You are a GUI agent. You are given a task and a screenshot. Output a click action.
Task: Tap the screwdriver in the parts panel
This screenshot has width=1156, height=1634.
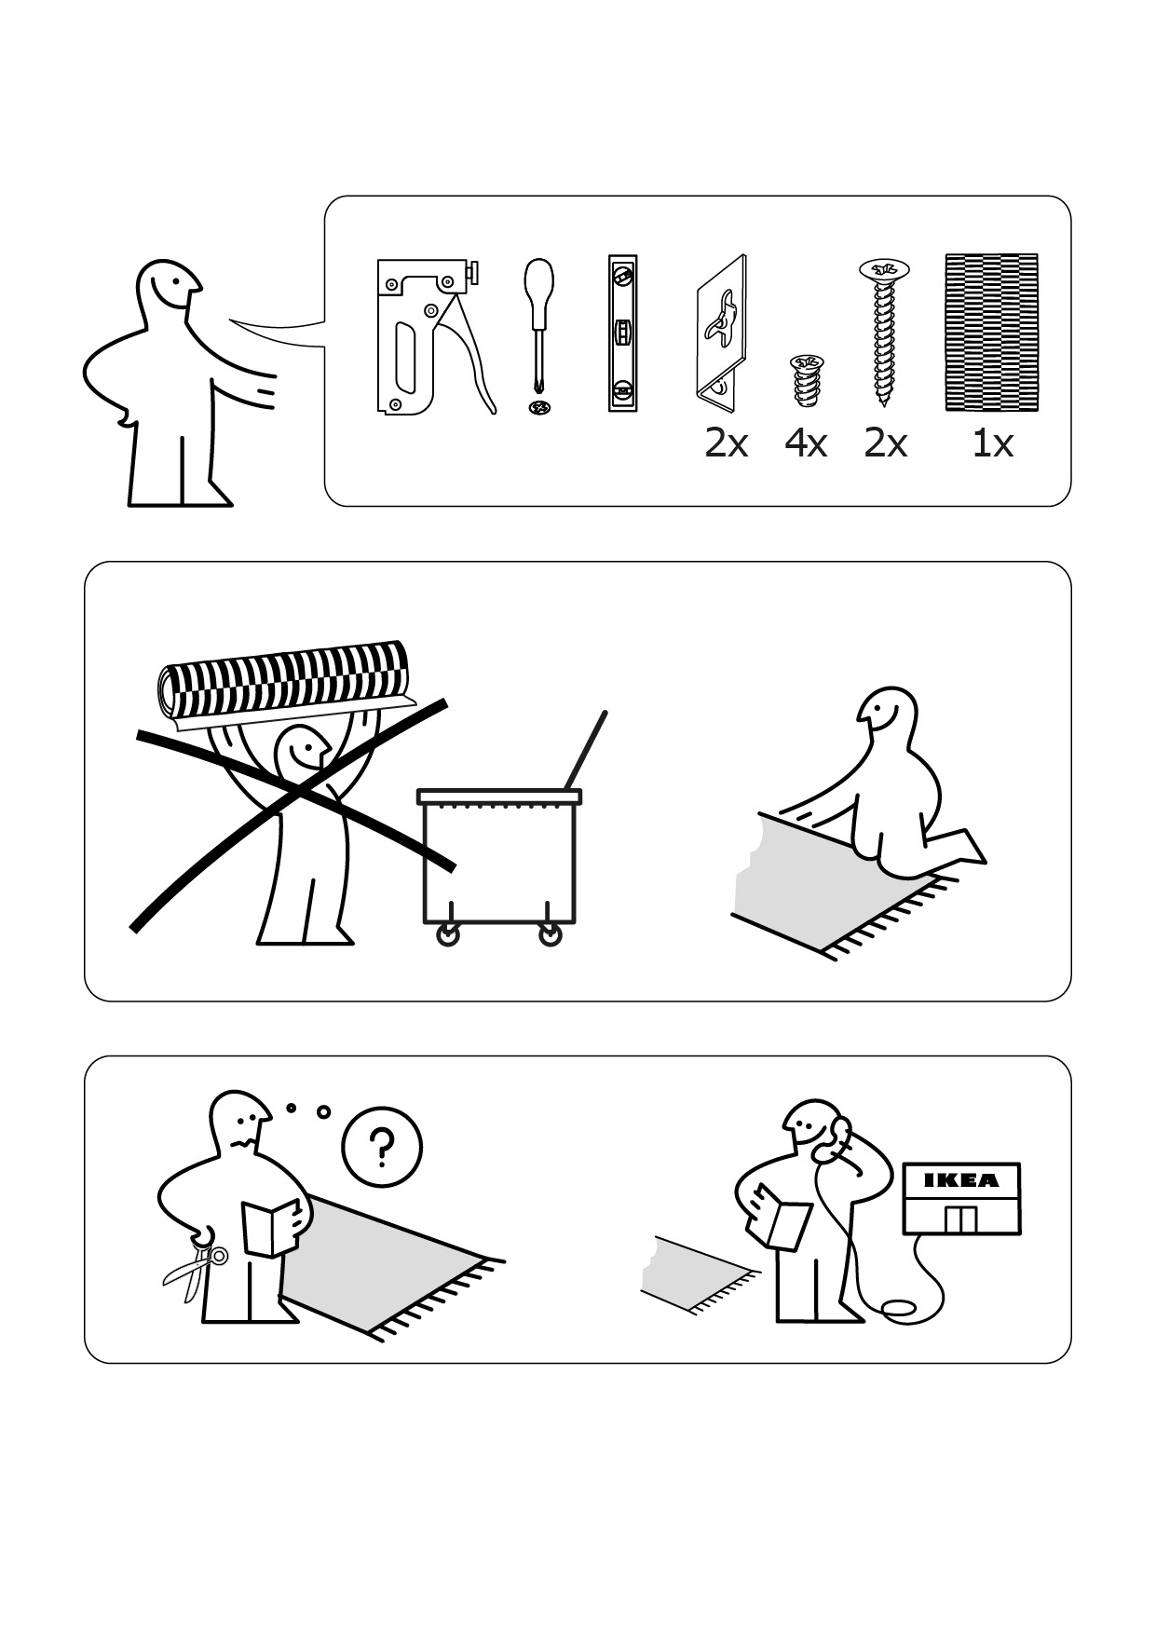[538, 335]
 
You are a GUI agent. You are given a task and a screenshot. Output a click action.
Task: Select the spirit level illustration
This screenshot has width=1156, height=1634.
[623, 333]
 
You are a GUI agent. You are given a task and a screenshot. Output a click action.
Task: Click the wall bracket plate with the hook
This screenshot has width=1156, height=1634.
[721, 333]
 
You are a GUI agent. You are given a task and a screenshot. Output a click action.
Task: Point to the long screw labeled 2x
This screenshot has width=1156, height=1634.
[884, 332]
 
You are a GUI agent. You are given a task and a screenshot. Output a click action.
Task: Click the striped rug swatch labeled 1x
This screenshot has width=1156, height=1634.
[991, 333]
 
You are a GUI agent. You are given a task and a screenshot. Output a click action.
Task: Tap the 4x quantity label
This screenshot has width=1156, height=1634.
[806, 443]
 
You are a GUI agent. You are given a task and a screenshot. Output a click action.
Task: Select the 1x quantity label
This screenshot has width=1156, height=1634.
[992, 443]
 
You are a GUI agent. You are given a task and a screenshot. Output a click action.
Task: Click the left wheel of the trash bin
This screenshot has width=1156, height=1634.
[448, 935]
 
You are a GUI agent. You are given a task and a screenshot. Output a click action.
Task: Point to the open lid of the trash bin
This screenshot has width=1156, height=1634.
[585, 751]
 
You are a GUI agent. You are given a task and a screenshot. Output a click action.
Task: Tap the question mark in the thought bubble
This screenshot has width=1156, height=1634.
[380, 1149]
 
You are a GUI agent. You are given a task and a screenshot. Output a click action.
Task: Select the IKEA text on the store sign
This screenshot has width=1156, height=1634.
[960, 1180]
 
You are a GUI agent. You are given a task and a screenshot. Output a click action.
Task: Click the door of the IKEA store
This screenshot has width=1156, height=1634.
[959, 1219]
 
